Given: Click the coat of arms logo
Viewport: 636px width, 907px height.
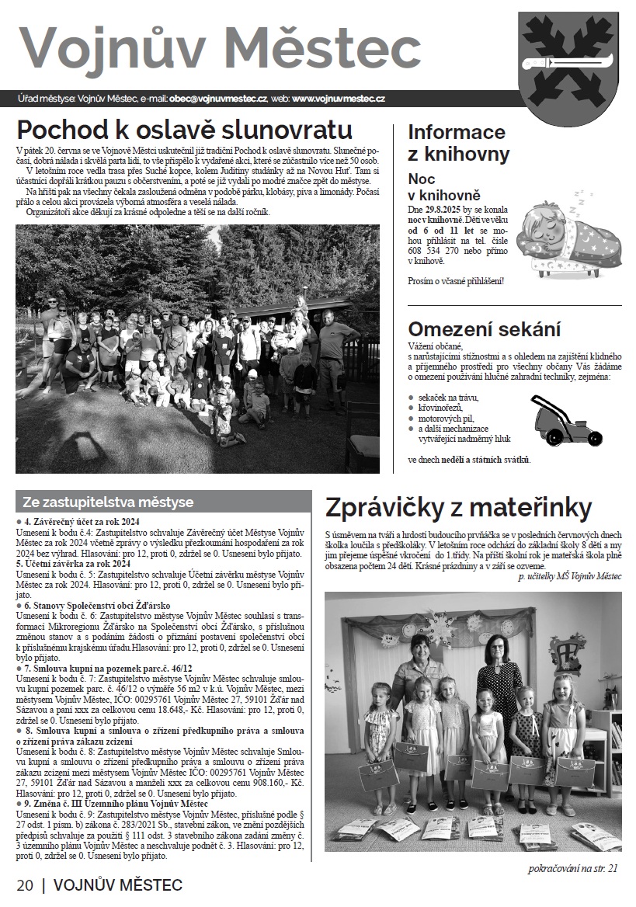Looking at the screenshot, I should click(572, 68).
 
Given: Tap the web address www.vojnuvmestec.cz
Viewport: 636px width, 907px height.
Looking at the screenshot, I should click(339, 99).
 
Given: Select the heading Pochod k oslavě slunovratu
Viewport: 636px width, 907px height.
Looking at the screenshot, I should click(185, 128).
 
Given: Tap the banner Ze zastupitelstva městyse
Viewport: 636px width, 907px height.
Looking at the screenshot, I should click(108, 502).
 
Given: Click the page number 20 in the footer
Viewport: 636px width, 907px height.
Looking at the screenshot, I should click(25, 885).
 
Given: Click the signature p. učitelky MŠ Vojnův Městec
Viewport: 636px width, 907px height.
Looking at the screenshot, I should click(570, 576).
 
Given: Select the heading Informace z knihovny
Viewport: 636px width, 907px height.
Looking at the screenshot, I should click(459, 143).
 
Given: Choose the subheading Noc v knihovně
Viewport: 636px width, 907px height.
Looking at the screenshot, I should click(445, 187).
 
